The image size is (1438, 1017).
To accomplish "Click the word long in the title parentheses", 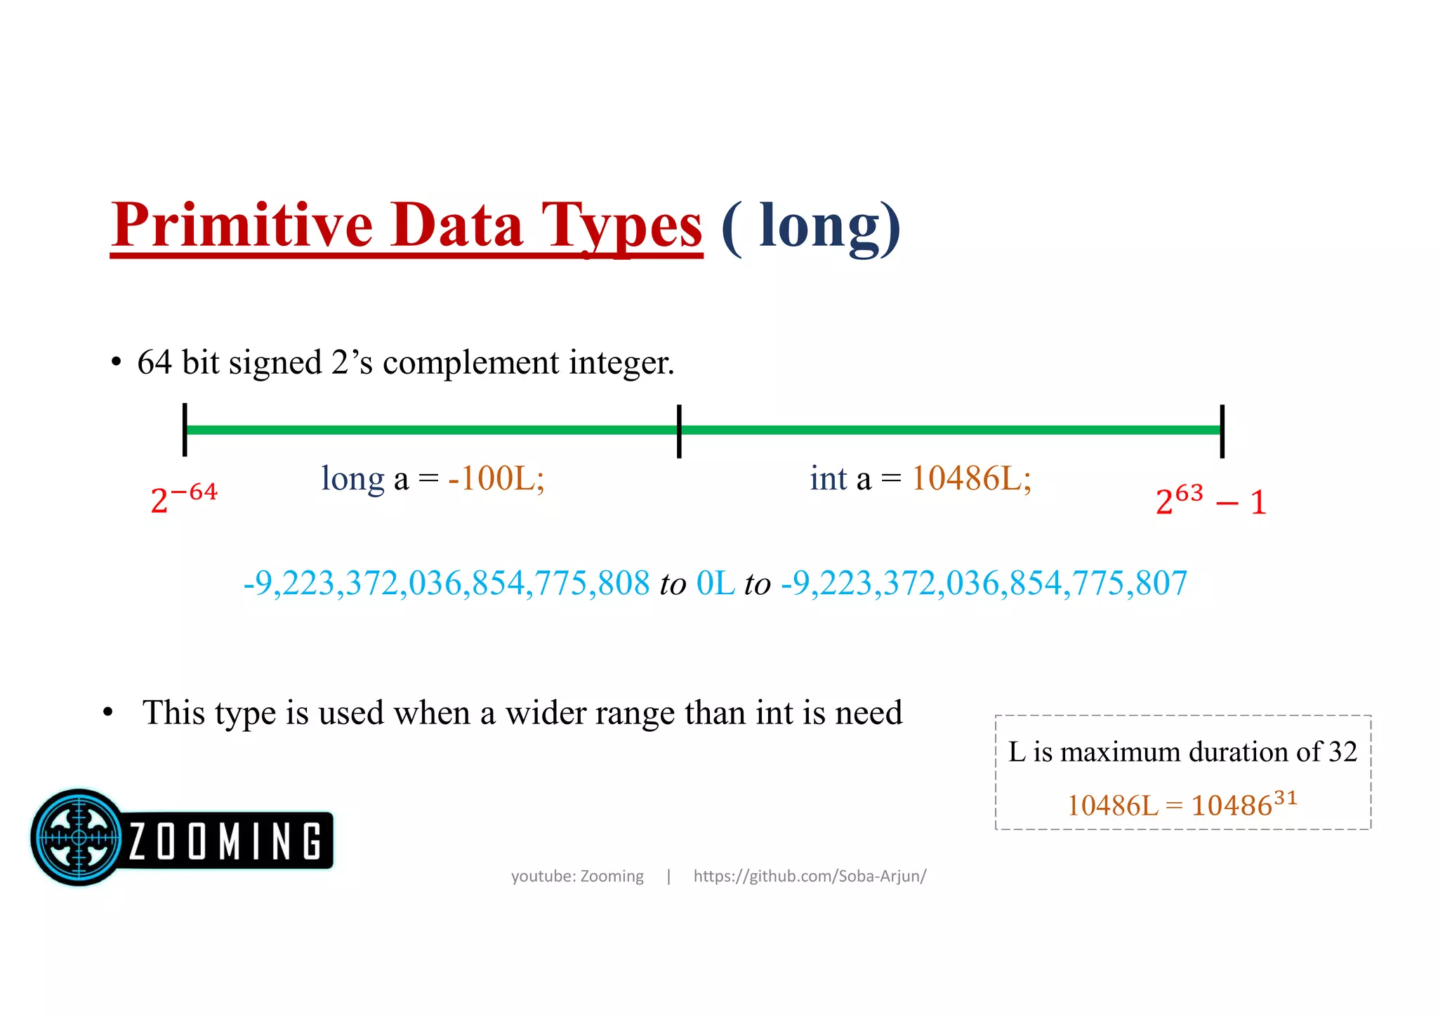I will [819, 226].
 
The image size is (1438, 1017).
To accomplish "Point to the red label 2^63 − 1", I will [1211, 501].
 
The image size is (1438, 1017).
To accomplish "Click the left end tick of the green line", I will [185, 430].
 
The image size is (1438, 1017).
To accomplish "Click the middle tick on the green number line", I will [679, 431].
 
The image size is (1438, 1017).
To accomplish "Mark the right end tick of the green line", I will [1222, 431].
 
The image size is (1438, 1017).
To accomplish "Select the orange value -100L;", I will [496, 479].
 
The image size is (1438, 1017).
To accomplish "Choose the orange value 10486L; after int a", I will [971, 479].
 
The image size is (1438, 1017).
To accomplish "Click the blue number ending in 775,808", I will [447, 583].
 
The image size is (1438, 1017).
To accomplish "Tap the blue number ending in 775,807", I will [984, 583].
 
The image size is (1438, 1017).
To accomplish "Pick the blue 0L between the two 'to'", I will [715, 583].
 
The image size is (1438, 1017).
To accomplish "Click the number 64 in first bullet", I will [154, 363].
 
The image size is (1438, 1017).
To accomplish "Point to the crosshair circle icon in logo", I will [79, 837].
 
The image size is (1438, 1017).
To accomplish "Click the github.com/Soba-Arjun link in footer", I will [810, 876].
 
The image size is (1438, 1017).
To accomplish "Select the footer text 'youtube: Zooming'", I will [577, 876].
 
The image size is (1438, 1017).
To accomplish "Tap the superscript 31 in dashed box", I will [1285, 798].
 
